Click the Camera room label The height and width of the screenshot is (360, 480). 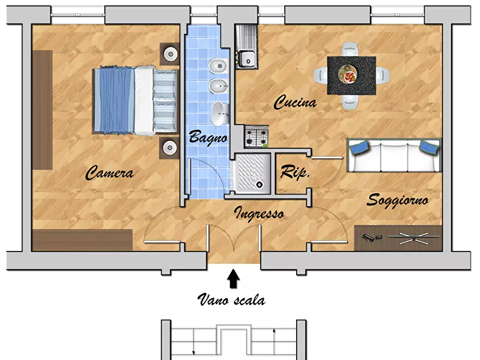point(109,172)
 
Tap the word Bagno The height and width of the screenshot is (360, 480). point(209,137)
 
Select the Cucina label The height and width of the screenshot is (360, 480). point(295,102)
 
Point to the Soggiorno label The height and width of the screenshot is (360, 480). point(397,200)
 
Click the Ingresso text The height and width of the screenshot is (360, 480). point(259,213)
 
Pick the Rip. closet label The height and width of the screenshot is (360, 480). point(295,171)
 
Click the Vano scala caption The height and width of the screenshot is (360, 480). point(232,299)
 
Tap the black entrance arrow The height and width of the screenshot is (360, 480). point(233,278)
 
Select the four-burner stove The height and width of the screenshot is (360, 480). point(256,137)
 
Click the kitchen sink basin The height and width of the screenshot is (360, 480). point(247,59)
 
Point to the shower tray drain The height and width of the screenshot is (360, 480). point(260,184)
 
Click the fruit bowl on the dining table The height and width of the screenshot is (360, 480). point(348,74)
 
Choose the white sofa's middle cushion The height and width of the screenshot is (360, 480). point(395,156)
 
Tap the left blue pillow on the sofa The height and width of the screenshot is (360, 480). point(360,148)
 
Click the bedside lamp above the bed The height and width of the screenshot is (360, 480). point(170,54)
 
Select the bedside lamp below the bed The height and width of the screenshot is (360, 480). point(170,148)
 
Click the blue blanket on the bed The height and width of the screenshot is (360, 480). point(114,100)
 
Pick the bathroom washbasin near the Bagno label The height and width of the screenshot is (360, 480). point(219,114)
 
